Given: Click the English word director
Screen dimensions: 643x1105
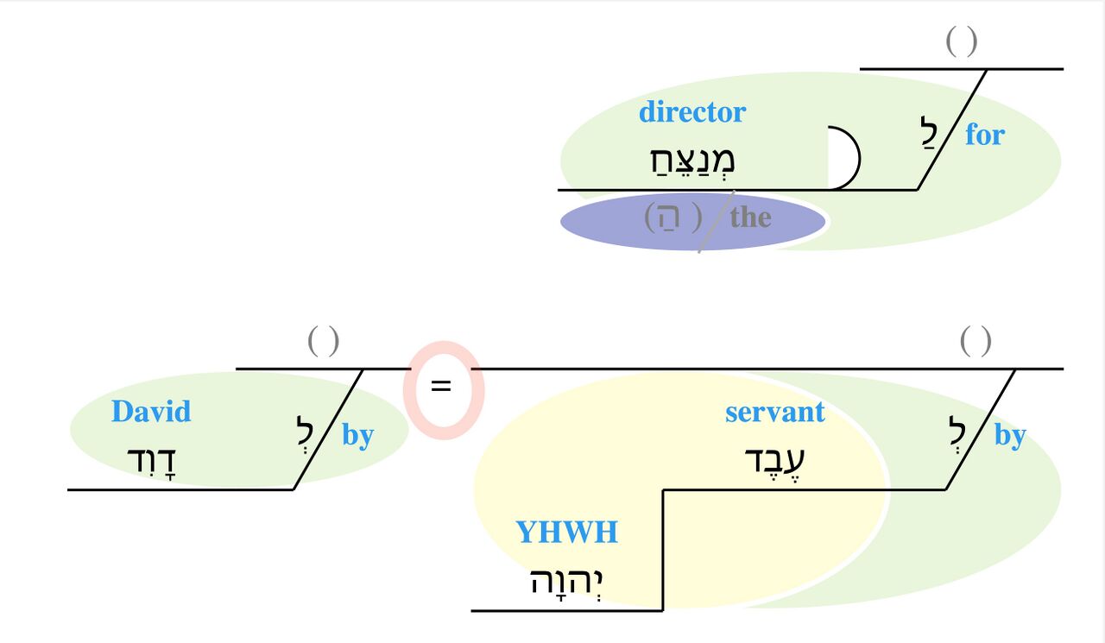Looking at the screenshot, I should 691,112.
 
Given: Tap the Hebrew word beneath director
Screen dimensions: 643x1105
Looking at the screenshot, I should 691,161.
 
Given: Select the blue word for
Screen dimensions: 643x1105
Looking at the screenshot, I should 985,135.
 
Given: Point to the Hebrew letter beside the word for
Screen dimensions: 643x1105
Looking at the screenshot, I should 930,134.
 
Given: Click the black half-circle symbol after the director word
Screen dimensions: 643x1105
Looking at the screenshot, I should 843,158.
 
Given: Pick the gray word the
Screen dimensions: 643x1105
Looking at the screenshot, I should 750,217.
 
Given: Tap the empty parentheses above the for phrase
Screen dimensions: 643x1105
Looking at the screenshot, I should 961,41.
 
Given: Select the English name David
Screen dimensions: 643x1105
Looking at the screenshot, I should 151,412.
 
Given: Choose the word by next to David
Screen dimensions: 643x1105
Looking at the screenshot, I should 357,435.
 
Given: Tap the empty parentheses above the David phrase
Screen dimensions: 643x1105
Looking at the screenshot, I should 323,342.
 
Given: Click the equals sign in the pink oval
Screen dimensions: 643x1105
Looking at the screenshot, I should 441,388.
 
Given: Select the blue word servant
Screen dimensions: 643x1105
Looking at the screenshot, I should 774,413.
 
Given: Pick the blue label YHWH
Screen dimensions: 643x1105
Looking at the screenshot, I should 566,533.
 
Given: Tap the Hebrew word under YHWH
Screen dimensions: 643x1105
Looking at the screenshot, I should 566,581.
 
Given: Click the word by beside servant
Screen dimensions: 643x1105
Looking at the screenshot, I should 1009,435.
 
